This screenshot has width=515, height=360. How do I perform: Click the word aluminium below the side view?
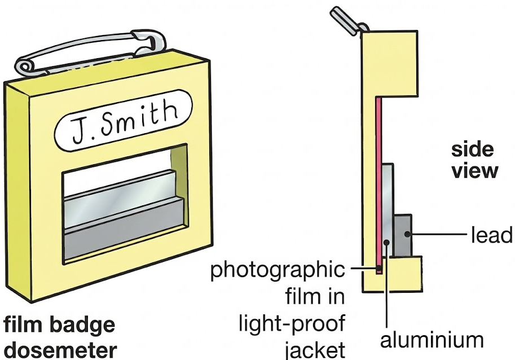[432, 340]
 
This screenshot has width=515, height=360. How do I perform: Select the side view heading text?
[474, 160]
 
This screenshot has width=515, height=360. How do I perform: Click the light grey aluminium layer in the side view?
[388, 209]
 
